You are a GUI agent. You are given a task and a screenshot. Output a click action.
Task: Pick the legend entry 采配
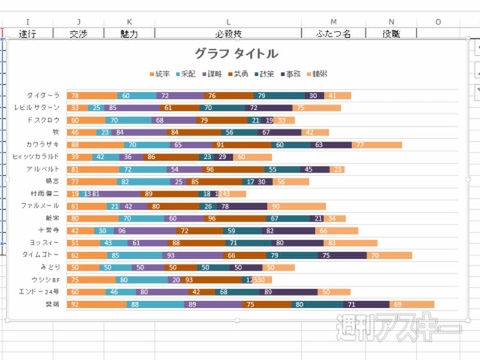[187, 73]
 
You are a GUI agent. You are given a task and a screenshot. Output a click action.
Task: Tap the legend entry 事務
[292, 73]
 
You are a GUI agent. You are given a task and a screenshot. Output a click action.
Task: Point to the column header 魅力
[129, 33]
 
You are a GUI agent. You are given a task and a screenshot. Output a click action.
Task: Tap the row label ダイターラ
[44, 95]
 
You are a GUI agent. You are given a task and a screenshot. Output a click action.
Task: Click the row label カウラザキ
[44, 144]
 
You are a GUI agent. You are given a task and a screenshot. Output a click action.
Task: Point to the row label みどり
[50, 267]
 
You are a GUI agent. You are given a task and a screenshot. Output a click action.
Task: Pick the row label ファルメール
[44, 205]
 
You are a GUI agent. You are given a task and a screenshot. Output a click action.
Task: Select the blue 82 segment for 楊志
[125, 181]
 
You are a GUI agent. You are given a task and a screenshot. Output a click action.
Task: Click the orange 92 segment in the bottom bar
[90, 304]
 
